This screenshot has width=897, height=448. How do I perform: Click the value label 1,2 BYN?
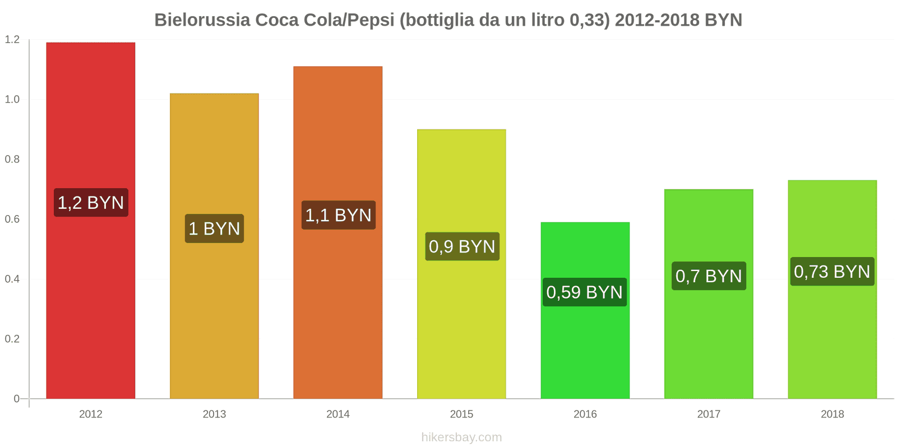(91, 203)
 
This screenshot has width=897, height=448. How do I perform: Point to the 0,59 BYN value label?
(585, 292)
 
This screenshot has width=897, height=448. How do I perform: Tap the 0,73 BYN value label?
(832, 272)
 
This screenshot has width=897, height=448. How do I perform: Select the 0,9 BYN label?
(462, 246)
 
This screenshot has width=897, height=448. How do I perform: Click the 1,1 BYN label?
(338, 215)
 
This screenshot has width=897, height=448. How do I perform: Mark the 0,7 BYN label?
(709, 276)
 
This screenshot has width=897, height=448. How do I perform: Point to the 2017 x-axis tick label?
(709, 414)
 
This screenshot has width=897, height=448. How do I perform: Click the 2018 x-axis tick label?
(832, 414)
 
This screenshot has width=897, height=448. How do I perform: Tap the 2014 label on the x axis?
(338, 414)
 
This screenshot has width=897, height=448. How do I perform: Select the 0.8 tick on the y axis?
(12, 160)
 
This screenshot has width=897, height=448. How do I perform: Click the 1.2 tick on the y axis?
(12, 40)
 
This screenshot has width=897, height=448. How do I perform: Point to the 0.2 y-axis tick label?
(12, 339)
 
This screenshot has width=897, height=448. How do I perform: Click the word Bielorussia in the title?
(202, 20)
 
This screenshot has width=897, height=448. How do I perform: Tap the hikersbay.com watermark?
(461, 437)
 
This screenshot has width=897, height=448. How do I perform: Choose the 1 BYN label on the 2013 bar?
(214, 228)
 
